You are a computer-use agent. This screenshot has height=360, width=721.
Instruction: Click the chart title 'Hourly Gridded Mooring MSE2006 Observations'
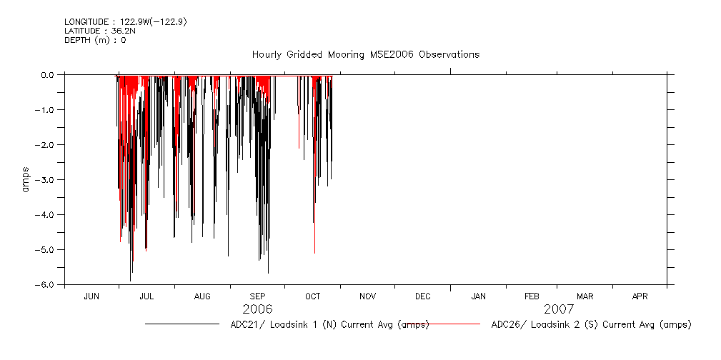coord(365,55)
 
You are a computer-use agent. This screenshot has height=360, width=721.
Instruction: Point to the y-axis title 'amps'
coord(26,180)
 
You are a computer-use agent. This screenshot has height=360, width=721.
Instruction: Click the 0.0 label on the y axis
coord(48,74)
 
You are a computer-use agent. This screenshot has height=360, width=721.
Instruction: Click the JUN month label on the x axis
coord(91,296)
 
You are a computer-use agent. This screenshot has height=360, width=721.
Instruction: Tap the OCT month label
coord(312,296)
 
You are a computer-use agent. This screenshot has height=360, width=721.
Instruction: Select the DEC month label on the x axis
coord(422,296)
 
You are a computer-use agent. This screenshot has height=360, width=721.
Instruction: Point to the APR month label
coord(640,296)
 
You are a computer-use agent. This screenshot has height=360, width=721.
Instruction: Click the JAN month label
coord(478,296)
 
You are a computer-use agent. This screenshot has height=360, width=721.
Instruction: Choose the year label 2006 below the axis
coord(257,309)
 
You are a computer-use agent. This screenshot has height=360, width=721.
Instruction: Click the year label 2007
coord(559,309)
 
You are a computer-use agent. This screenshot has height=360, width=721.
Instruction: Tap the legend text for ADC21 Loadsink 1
coord(329,325)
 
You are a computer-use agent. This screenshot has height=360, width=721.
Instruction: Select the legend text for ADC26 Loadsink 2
coord(591,325)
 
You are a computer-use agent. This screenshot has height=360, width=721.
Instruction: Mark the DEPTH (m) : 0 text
coord(95,41)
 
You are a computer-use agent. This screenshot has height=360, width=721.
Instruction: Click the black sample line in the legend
coord(182,324)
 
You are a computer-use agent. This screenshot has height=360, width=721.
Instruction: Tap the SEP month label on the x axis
coord(257,296)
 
